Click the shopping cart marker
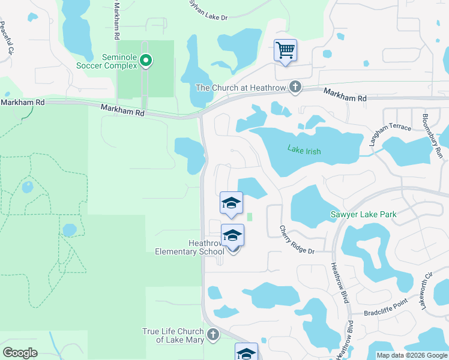coord(285,50)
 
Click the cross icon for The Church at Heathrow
coord(295,88)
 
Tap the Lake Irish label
coord(304,151)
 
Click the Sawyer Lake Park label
coord(364,214)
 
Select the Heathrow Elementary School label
coord(189,247)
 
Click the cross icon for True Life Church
coord(212,334)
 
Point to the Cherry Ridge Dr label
coord(297,239)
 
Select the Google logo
coord(20,353)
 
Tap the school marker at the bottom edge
coord(246,353)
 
